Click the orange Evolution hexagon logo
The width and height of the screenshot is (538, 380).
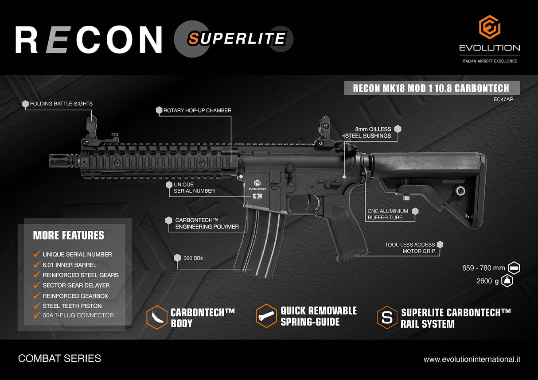(490, 27)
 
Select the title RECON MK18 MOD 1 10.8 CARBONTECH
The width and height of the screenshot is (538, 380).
(431, 88)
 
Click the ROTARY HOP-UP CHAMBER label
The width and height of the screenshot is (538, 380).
(197, 110)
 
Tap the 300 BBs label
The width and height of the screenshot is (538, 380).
(193, 258)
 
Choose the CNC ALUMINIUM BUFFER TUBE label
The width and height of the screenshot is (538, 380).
(388, 214)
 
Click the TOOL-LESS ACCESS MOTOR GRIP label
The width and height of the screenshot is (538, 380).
(410, 248)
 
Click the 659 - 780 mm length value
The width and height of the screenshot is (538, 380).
(483, 268)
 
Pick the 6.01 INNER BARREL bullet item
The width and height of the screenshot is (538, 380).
(69, 265)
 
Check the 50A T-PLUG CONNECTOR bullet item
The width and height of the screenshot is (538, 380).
(78, 315)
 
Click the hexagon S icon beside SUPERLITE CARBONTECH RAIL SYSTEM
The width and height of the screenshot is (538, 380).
(386, 317)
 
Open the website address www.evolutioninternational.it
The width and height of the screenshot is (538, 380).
(472, 359)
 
